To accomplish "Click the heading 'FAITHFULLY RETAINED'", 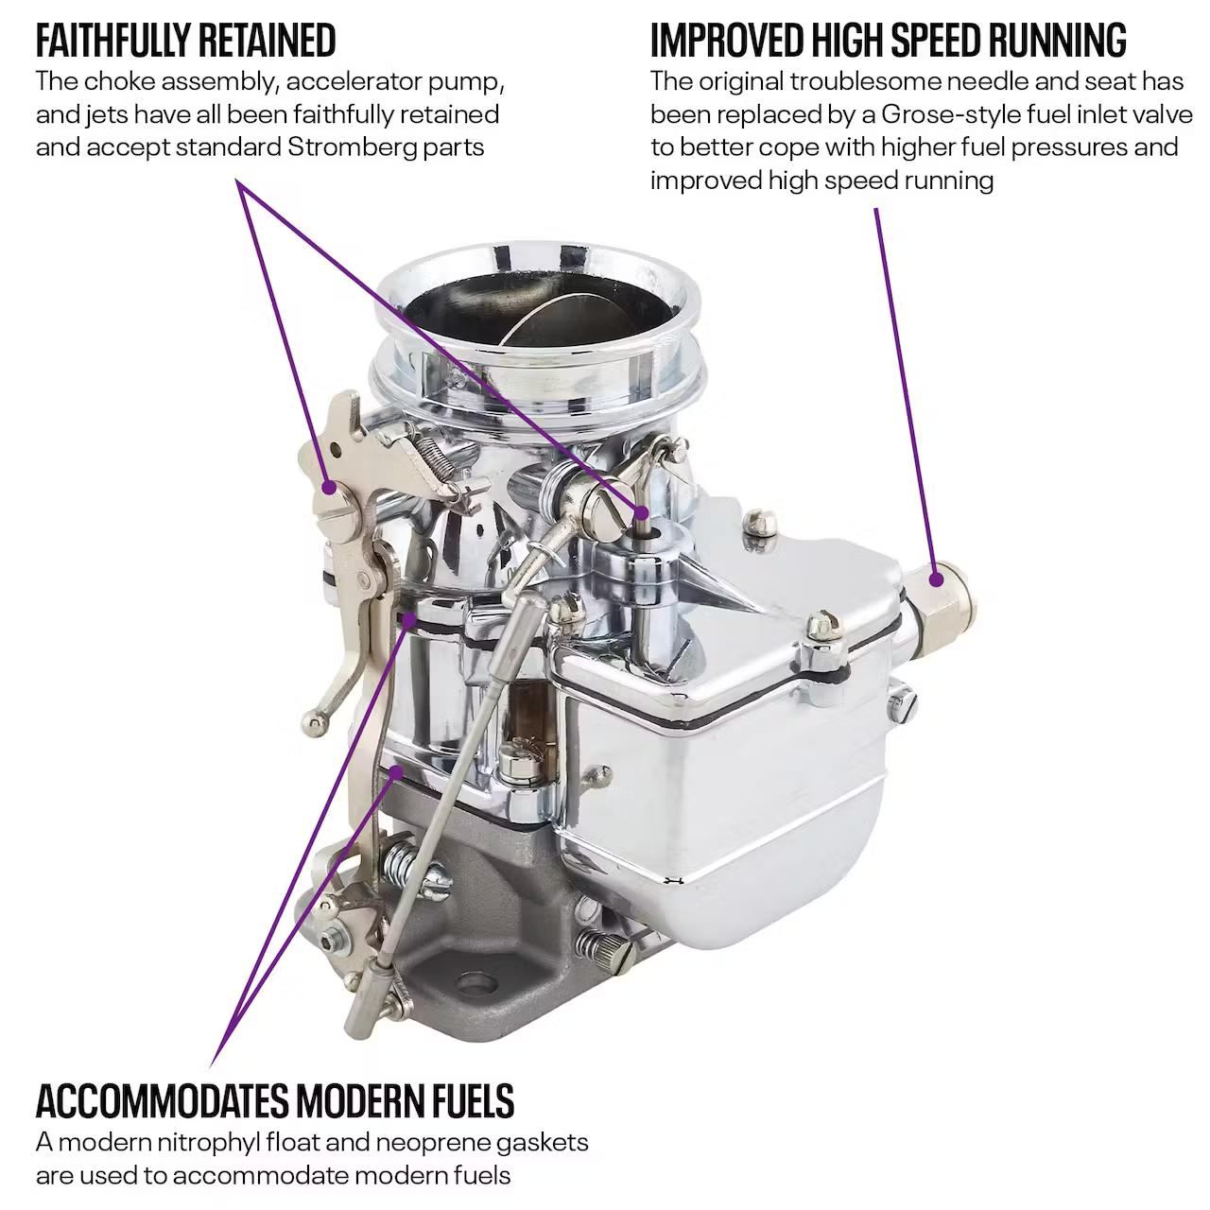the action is (186, 41).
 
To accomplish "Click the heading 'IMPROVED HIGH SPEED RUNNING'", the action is (888, 41).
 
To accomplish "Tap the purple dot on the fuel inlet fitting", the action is (936, 579).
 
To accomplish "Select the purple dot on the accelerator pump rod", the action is (641, 511).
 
